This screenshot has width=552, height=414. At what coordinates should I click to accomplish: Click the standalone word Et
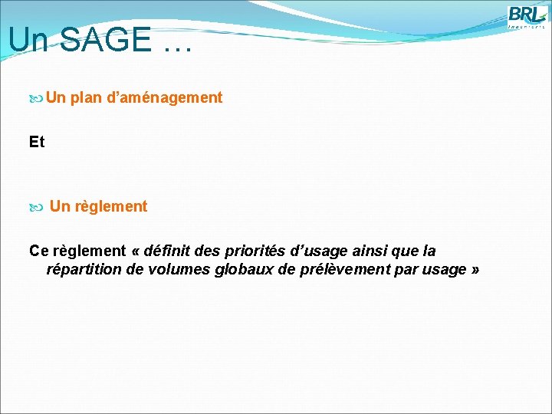point(37,142)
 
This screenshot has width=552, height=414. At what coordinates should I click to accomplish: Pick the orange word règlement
point(111,206)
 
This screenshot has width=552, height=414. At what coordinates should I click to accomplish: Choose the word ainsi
point(370,251)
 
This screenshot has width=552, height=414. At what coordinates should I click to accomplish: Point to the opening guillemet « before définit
point(137,251)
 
